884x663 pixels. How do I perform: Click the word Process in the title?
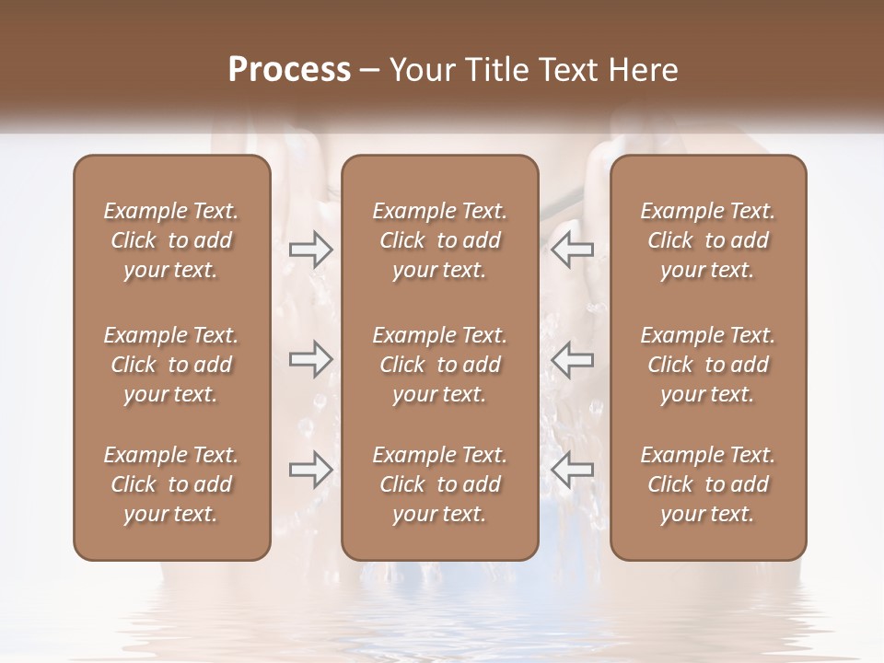point(289,70)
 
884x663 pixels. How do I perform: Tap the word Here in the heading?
point(641,70)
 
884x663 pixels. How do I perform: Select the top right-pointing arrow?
point(310,249)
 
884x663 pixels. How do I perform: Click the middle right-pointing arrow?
point(310,360)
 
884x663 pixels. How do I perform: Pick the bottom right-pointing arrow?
point(310,470)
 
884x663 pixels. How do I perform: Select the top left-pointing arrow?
point(572,249)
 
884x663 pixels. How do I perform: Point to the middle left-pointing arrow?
point(572,360)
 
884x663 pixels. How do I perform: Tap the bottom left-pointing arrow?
point(572,470)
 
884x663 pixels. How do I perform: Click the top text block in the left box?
point(171,240)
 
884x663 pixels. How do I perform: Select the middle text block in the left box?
point(171,365)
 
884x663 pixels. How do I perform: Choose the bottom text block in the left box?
point(171,484)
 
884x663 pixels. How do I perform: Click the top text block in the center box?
point(439,240)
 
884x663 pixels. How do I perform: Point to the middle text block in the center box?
point(439,365)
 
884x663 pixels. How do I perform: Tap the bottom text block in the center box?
point(439,484)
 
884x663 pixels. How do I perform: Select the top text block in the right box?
point(707,240)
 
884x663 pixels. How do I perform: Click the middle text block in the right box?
point(707,365)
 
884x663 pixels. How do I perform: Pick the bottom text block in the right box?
point(707,484)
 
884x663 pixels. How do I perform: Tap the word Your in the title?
point(420,70)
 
